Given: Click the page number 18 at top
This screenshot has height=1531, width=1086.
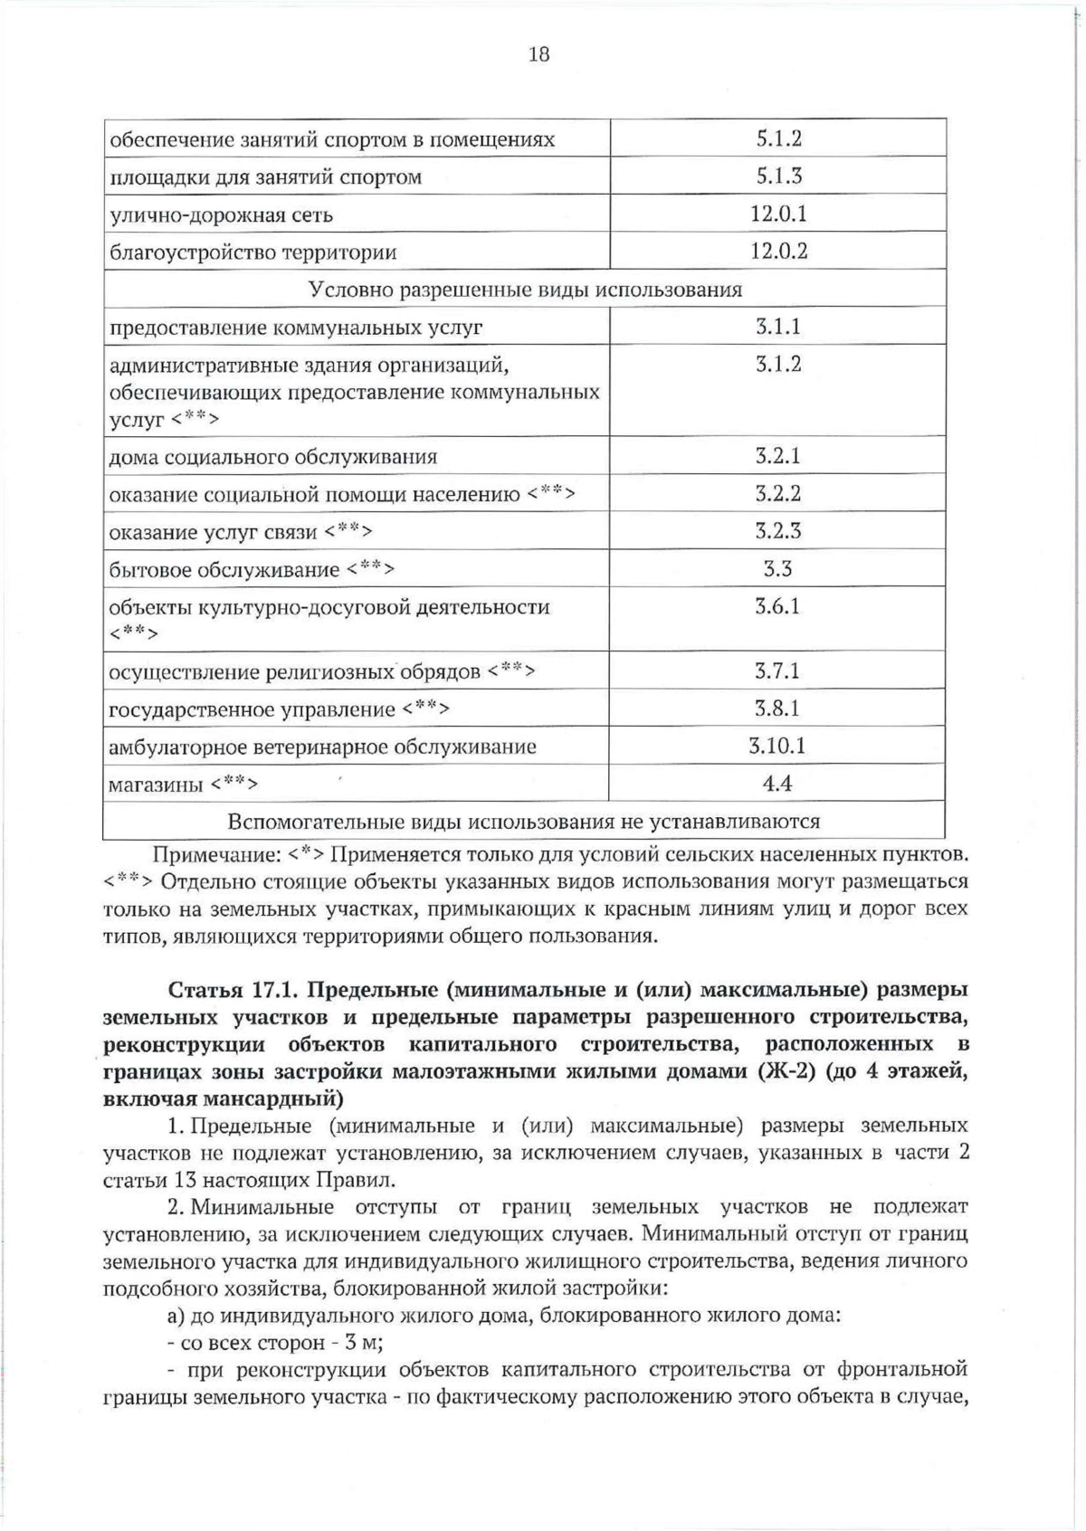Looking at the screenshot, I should [538, 55].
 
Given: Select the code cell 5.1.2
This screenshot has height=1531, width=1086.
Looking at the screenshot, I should [778, 138].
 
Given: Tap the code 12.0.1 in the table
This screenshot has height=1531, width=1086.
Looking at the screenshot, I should [778, 214].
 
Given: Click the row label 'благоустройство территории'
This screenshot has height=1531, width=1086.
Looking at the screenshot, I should [252, 252].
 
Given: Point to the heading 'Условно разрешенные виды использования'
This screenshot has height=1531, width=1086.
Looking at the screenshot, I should [525, 290].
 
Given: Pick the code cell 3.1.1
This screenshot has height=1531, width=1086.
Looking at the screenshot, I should [778, 327].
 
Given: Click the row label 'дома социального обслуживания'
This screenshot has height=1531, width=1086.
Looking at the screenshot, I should [272, 457].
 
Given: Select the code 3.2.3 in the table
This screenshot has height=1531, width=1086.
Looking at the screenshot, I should [778, 531].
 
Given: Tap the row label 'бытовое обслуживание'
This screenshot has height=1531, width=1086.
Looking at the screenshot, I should [224, 570].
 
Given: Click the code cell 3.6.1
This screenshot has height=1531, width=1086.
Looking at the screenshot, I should [778, 606].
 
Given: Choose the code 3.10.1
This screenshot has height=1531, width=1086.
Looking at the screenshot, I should [778, 746].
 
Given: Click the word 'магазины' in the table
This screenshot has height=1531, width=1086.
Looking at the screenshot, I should [156, 785].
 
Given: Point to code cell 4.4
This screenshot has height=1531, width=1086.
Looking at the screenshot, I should [778, 784].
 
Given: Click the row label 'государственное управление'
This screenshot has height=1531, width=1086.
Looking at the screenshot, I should [252, 709].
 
